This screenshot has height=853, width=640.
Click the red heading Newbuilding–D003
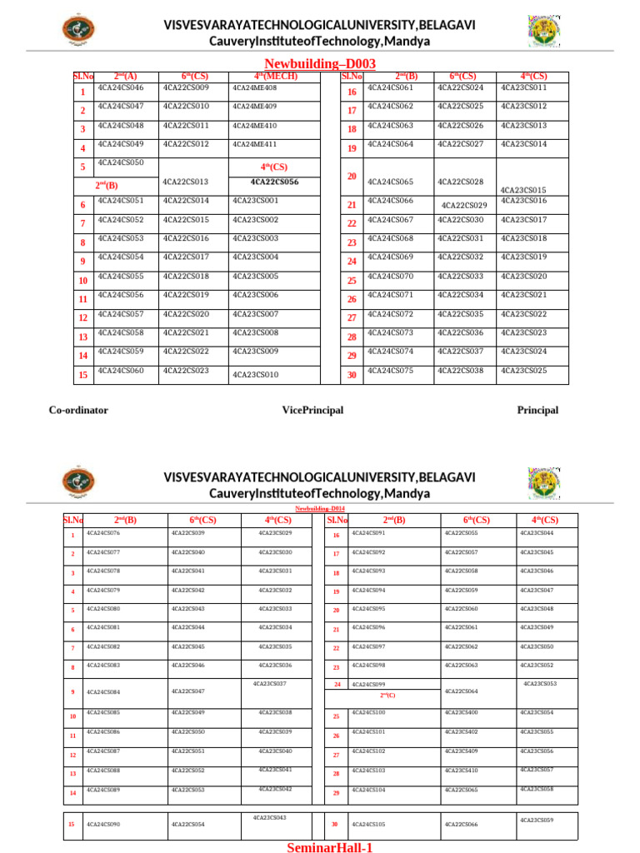point(320,63)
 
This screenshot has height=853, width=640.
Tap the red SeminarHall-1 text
point(328,846)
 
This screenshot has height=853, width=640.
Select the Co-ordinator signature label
point(78,410)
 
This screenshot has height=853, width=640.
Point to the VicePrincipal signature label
point(312,410)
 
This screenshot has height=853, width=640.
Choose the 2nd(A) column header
point(126,77)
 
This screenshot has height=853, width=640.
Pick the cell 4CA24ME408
point(255,87)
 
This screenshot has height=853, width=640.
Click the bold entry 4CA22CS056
point(274,182)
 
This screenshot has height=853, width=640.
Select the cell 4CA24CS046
point(121,87)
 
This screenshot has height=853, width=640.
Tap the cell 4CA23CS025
point(523,370)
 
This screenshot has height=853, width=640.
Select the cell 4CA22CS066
point(461,824)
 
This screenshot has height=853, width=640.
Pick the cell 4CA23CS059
point(537,821)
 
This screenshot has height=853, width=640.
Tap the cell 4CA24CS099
point(368,684)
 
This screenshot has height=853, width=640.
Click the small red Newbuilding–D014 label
point(320,508)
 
